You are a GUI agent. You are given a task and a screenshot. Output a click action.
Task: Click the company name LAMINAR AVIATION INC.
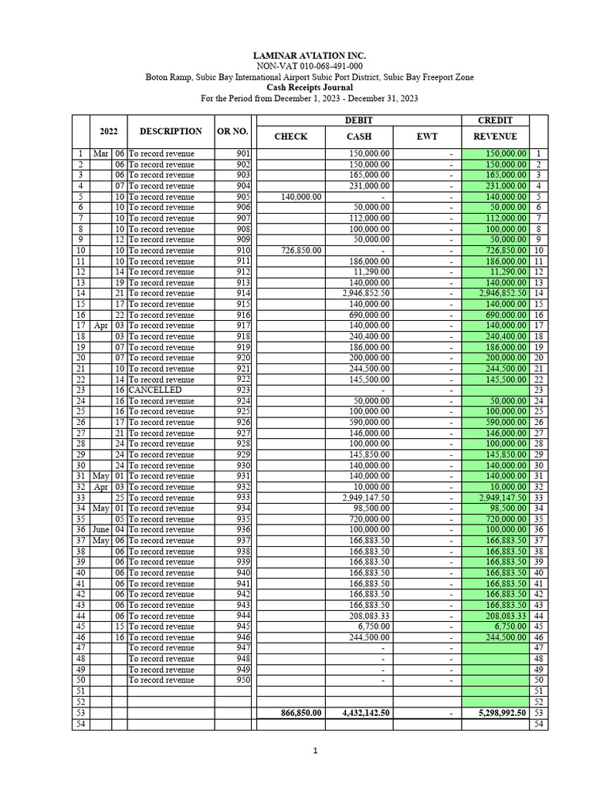(310, 56)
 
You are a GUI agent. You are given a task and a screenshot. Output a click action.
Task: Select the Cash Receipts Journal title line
(310, 88)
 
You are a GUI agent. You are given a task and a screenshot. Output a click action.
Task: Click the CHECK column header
(290, 137)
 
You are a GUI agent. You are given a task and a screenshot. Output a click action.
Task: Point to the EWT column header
(426, 137)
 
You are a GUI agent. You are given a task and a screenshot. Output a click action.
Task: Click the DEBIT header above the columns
(358, 120)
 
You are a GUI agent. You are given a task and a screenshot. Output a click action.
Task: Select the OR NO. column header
(232, 132)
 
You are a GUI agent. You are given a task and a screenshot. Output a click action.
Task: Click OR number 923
(242, 390)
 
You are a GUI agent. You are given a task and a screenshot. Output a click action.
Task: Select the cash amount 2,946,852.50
(366, 294)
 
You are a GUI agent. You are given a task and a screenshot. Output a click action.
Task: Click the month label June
(100, 530)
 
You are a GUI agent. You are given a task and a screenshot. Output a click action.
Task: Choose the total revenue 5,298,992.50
(503, 714)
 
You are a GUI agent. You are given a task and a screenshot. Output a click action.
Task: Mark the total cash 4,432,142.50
(366, 714)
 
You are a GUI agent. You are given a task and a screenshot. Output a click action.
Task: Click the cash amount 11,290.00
(371, 272)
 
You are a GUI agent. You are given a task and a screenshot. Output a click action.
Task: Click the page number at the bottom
(315, 751)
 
